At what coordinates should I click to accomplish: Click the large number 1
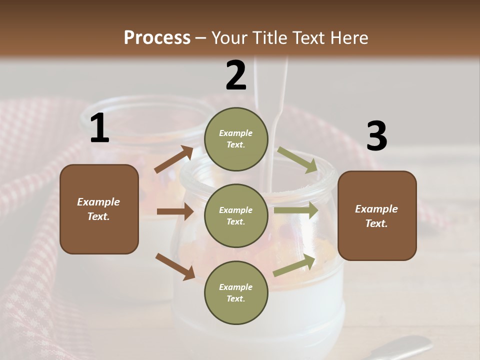(x=99, y=128)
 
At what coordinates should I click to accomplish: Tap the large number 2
(x=236, y=75)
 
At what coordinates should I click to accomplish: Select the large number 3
(x=376, y=136)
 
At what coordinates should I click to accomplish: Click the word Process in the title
(x=157, y=37)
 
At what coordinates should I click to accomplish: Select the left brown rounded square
(x=99, y=209)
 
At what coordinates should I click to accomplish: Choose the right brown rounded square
(x=377, y=215)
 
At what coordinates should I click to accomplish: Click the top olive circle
(x=236, y=139)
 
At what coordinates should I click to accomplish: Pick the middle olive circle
(x=236, y=215)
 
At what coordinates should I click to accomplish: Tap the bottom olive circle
(x=236, y=292)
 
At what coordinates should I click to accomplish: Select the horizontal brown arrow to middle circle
(x=175, y=211)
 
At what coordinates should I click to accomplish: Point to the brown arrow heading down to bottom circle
(x=175, y=265)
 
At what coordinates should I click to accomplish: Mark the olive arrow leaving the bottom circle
(x=294, y=265)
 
